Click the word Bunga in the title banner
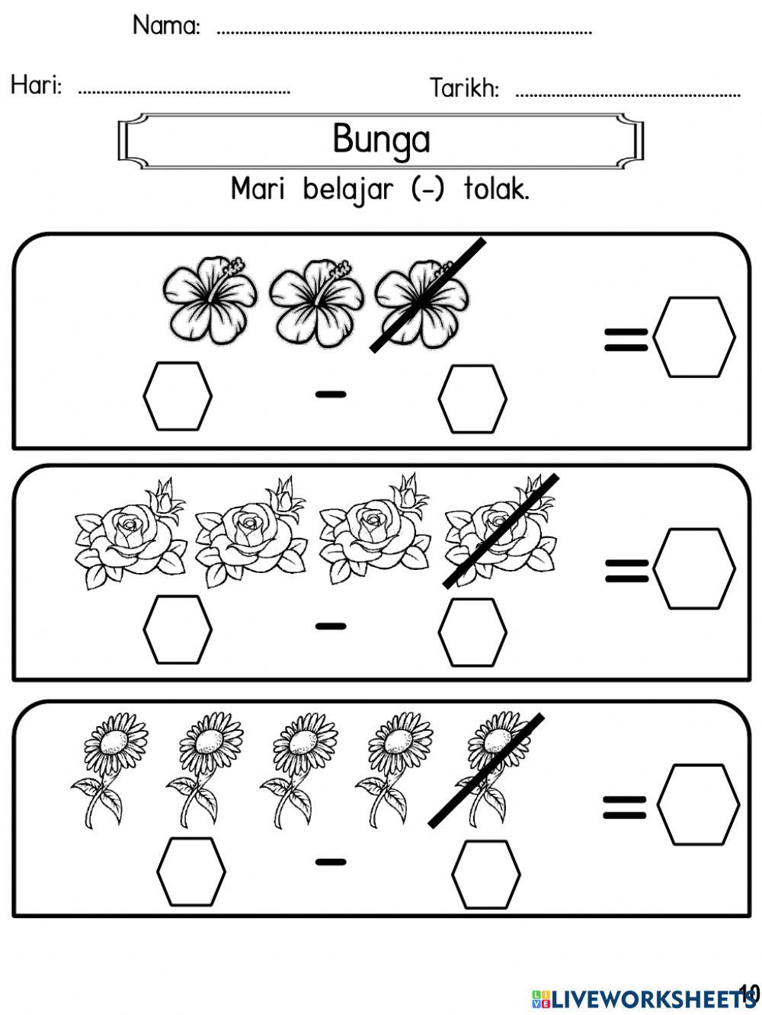(x=381, y=139)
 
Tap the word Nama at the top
(x=166, y=26)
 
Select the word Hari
(x=37, y=85)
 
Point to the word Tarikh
(x=464, y=88)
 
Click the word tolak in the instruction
(x=495, y=189)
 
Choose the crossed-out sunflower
(x=488, y=766)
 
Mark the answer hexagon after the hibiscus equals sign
(x=694, y=337)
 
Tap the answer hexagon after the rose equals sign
(x=694, y=569)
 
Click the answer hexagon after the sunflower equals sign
(x=698, y=805)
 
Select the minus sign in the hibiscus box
(x=331, y=394)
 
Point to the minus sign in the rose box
(x=331, y=626)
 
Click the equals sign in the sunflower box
(x=625, y=807)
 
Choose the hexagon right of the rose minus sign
(x=472, y=632)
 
